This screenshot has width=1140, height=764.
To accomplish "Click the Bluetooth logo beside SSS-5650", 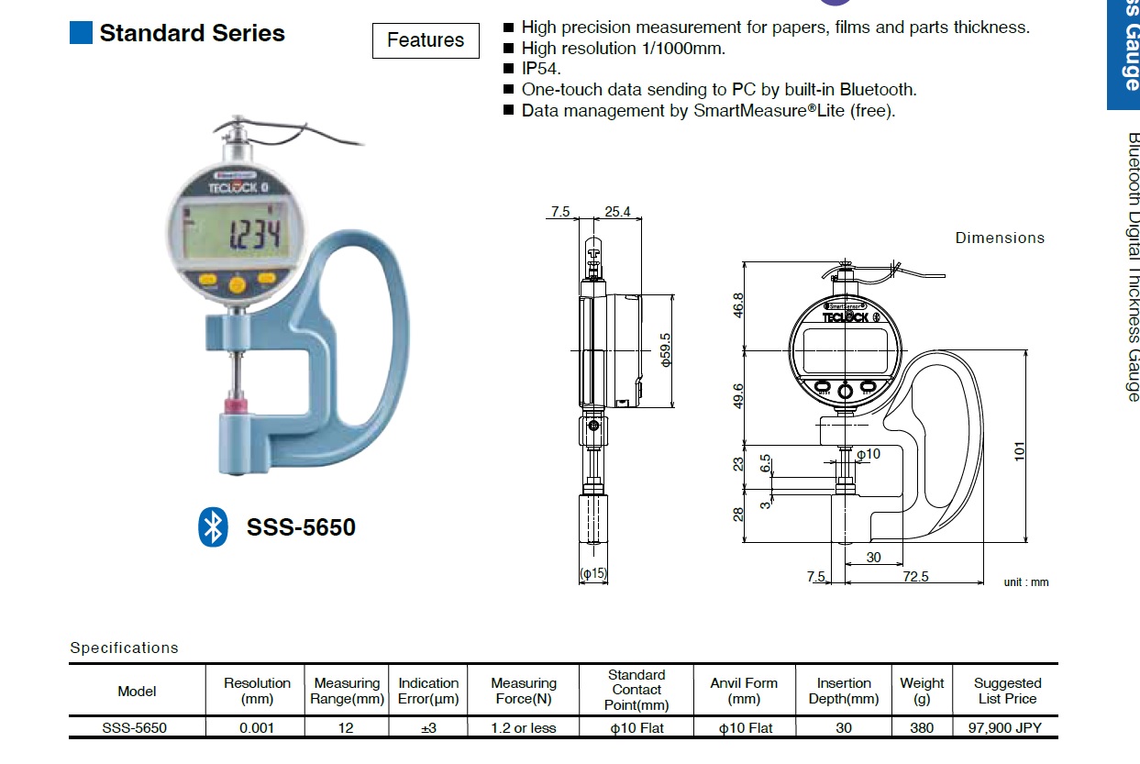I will pos(213,526).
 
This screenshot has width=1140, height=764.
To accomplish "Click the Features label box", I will pos(426,40).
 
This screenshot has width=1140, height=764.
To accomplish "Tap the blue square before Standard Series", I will pos(81,33).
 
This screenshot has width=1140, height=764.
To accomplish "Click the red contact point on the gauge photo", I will pos(238,404).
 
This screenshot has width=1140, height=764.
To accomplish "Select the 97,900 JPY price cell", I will pos(1006,727).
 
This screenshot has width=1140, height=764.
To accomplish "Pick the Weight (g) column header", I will pos(921,691).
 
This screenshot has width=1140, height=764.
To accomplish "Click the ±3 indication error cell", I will pos(427,727).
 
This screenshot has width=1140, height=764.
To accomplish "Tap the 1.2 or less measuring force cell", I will pos(523,727).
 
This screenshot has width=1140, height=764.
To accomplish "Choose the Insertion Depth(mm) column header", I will pos(843,691).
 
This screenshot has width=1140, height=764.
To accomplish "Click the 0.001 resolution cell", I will pos(257,727).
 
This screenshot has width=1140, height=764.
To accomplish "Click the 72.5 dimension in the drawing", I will pos(914,577).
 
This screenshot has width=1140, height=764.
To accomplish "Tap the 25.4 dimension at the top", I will pos(617,212).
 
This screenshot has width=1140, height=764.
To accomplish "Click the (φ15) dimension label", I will pos(593,574).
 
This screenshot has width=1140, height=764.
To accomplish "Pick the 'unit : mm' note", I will pos(1025,582).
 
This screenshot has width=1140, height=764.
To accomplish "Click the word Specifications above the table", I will pos(124,648).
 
